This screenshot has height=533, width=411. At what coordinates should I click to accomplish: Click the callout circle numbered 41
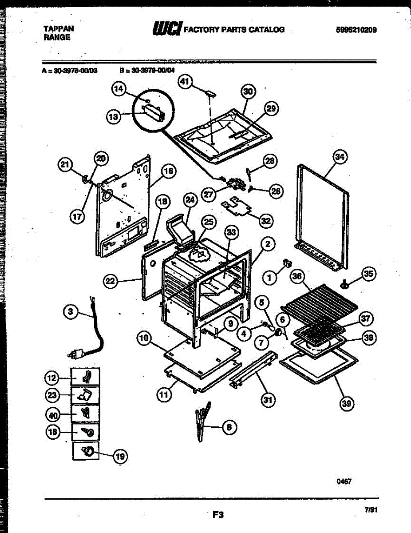[185, 81]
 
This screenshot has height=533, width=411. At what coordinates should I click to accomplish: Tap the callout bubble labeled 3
[70, 312]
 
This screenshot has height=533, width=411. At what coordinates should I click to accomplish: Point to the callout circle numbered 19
[120, 456]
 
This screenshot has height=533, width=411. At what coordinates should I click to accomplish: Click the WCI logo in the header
[167, 29]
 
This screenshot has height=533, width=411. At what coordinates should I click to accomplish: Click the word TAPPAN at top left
[59, 29]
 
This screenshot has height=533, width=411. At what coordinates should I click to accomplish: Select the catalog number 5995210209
[356, 30]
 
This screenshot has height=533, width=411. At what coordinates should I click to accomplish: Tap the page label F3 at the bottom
[217, 515]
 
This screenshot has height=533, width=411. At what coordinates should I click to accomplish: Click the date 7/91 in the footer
[371, 510]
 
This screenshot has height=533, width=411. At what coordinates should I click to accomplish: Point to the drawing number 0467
[344, 481]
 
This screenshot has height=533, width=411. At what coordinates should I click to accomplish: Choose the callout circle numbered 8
[228, 427]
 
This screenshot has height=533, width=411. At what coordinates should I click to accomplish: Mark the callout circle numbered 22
[111, 281]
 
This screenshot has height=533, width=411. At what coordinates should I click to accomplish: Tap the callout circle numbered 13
[113, 117]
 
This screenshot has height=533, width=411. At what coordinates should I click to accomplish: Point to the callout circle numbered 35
[368, 274]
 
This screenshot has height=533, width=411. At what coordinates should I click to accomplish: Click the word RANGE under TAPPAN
[57, 38]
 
